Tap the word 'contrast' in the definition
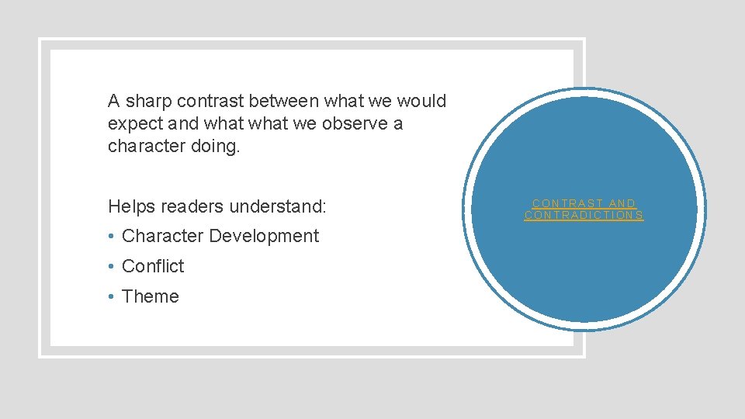coord(209,102)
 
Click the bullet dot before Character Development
coord(113,237)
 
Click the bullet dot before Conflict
coord(113,267)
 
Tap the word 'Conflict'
coord(153,266)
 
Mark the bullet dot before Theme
coord(113,297)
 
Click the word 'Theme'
coord(151,296)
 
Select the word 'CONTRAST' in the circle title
coord(566,203)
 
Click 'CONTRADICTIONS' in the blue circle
coord(584,216)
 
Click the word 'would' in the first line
coord(421,102)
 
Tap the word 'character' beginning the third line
coord(146,147)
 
